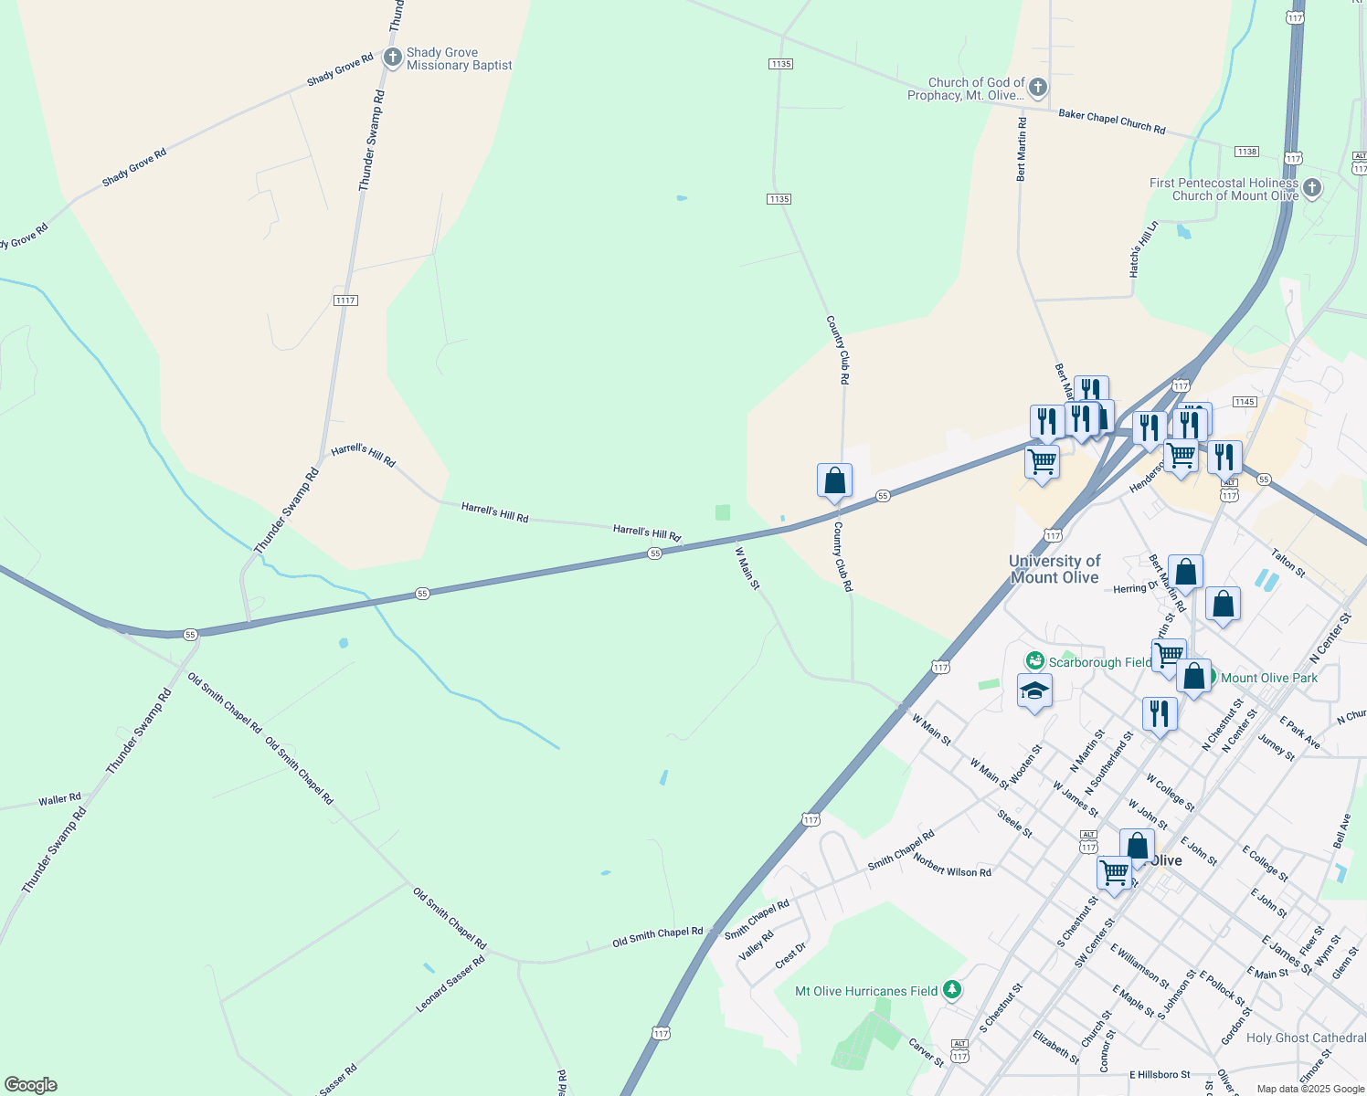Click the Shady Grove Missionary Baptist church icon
pyautogui.click(x=392, y=58)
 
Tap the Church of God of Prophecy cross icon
pyautogui.click(x=1037, y=89)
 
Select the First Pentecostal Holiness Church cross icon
pyautogui.click(x=1312, y=189)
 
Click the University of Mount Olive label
pyautogui.click(x=1054, y=569)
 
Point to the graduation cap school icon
pyautogui.click(x=1034, y=691)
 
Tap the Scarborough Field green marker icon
pyautogui.click(x=1034, y=660)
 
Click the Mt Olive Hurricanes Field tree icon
pyautogui.click(x=952, y=990)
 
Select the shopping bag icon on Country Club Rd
pyautogui.click(x=834, y=480)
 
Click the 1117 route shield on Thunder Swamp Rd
pyautogui.click(x=345, y=300)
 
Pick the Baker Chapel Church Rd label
pyautogui.click(x=1112, y=122)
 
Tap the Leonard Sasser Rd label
pyautogui.click(x=450, y=984)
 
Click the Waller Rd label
pyautogui.click(x=59, y=800)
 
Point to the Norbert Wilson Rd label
pyautogui.click(x=952, y=866)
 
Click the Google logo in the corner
pyautogui.click(x=30, y=1085)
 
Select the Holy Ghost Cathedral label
pyautogui.click(x=1306, y=1038)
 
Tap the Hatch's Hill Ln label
pyautogui.click(x=1143, y=249)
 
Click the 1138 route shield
pyautogui.click(x=1245, y=152)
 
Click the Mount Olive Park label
pyautogui.click(x=1269, y=678)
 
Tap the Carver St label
pyautogui.click(x=927, y=1052)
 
